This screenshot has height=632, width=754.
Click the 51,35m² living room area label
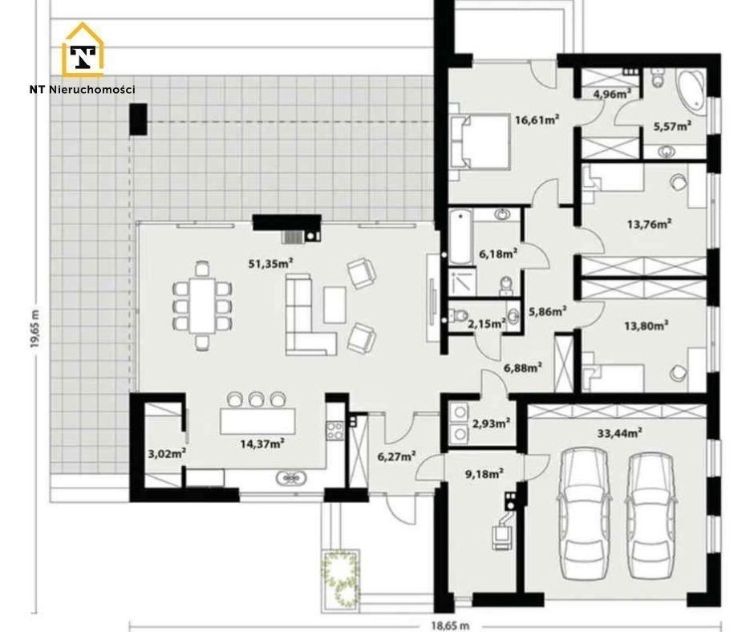click(x=271, y=263)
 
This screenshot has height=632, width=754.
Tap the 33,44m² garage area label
click(x=620, y=433)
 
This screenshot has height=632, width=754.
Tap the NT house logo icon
click(x=83, y=50)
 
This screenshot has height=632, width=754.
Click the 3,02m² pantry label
click(x=166, y=454)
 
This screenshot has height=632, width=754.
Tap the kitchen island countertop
click(x=257, y=421)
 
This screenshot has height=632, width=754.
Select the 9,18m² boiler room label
click(x=484, y=474)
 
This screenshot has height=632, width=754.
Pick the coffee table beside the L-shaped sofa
click(x=334, y=305)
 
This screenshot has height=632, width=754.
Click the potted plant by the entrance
click(x=341, y=577)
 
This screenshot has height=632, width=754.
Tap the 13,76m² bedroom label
click(x=649, y=224)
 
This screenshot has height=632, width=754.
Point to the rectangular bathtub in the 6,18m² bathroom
click(x=460, y=237)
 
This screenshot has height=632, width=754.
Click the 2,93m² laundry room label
click(x=491, y=423)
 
